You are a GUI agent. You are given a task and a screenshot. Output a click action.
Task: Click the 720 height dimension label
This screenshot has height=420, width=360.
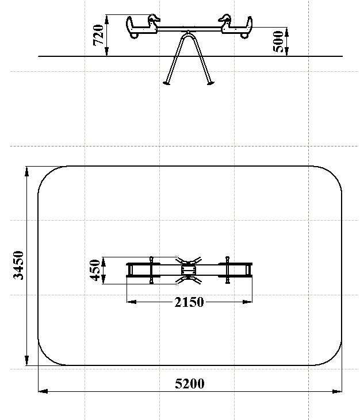[98, 35]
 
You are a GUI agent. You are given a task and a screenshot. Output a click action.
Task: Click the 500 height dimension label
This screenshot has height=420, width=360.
[278, 41]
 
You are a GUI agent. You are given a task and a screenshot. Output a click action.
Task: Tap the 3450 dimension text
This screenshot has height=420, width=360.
[18, 265]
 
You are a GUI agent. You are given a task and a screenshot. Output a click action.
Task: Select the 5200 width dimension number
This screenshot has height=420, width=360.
[190, 384]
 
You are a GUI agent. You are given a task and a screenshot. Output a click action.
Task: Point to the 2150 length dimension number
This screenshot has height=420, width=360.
[189, 302]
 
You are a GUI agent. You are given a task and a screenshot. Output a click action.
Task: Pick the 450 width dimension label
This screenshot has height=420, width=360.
[95, 270]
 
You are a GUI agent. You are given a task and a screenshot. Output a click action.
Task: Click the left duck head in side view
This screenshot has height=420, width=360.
[154, 18]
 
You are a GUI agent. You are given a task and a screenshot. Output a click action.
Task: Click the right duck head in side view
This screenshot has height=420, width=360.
[224, 18]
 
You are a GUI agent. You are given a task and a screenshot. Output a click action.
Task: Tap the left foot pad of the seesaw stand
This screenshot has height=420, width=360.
[166, 83]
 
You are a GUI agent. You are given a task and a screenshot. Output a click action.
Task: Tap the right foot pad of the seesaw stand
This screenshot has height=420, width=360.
[210, 83]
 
